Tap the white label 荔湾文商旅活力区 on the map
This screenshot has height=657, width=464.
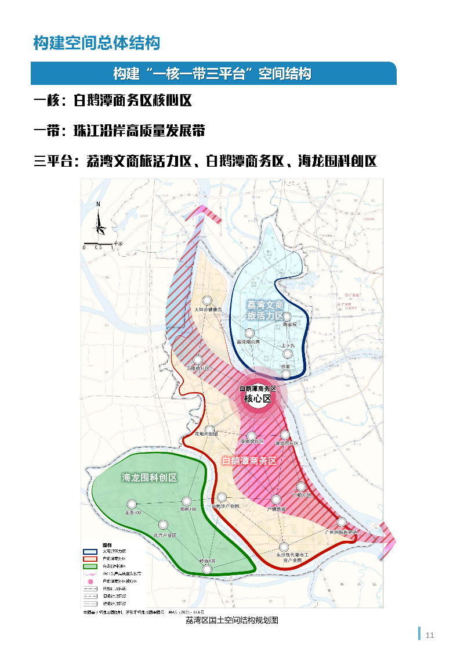pyautogui.click(x=265, y=310)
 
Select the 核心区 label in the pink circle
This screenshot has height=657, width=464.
pyautogui.click(x=258, y=398)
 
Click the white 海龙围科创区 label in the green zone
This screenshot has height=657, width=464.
pyautogui.click(x=149, y=478)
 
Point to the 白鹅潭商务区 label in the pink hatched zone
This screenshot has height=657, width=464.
pyautogui.click(x=249, y=461)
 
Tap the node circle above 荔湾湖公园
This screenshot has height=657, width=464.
pyautogui.click(x=249, y=333)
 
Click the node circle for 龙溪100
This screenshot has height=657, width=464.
pyautogui.click(x=132, y=504)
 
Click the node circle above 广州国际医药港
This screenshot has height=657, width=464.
pyautogui.click(x=342, y=522)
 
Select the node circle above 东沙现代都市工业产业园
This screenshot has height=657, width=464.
pyautogui.click(x=284, y=547)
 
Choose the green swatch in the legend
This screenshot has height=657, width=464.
pyautogui.click(x=90, y=566)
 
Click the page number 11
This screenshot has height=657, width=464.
pyautogui.click(x=429, y=635)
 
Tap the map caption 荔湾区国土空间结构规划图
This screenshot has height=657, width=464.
pyautogui.click(x=232, y=620)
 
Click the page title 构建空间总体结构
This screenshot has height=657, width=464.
pyautogui.click(x=96, y=43)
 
